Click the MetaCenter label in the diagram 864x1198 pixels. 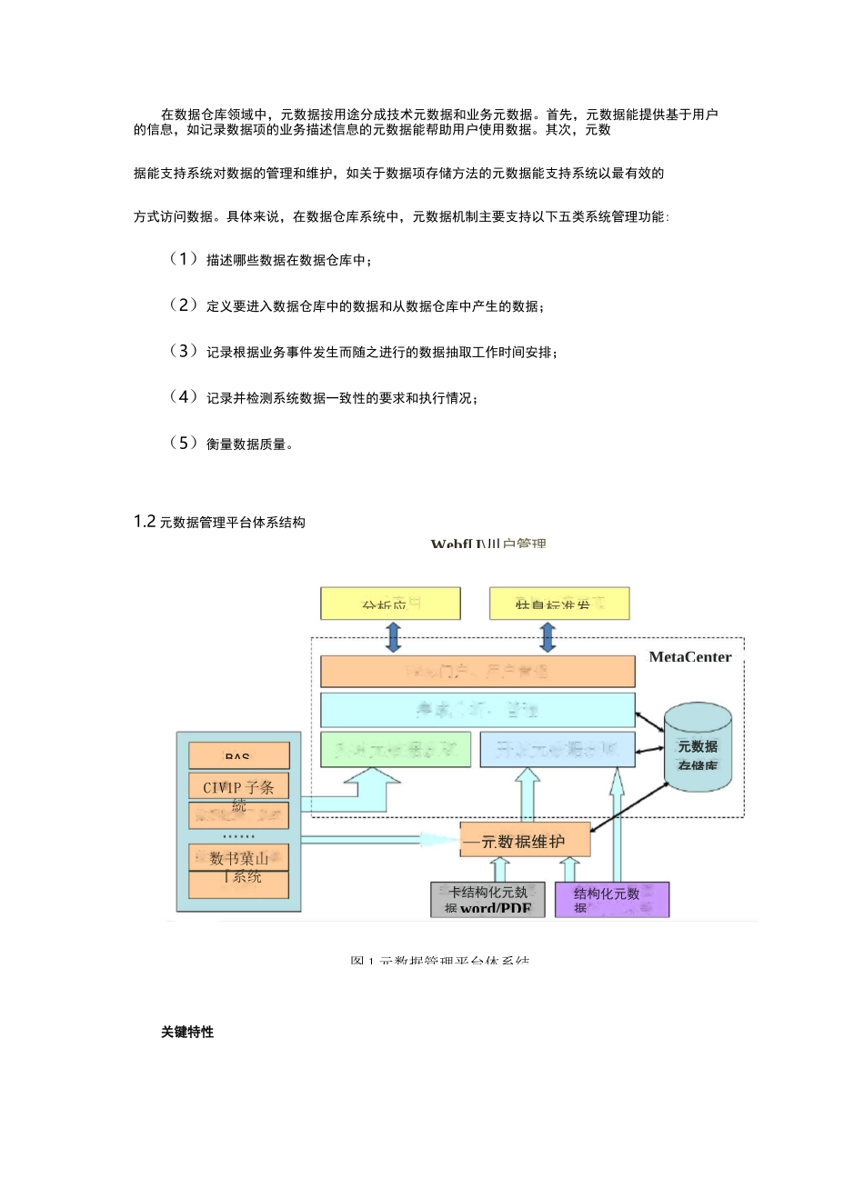[689, 657]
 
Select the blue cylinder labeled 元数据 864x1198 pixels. [698, 747]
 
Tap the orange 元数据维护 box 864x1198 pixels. [525, 841]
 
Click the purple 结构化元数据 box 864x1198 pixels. [611, 899]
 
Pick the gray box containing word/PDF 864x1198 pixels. [487, 899]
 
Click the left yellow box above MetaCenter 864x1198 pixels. [390, 604]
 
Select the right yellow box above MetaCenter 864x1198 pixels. [558, 604]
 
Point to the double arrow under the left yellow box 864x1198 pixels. [393, 637]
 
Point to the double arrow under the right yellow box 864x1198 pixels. [548, 637]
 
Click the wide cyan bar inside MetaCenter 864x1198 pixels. [477, 709]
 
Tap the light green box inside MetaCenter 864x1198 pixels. [395, 750]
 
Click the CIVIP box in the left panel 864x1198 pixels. [238, 786]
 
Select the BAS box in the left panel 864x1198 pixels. [238, 755]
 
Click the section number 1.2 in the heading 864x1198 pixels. [145, 522]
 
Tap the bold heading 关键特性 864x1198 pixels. [187, 1032]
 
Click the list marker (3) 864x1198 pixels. [184, 351]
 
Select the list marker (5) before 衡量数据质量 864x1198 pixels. [184, 443]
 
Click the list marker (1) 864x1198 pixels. [184, 259]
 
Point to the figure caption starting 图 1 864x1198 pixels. [439, 960]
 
